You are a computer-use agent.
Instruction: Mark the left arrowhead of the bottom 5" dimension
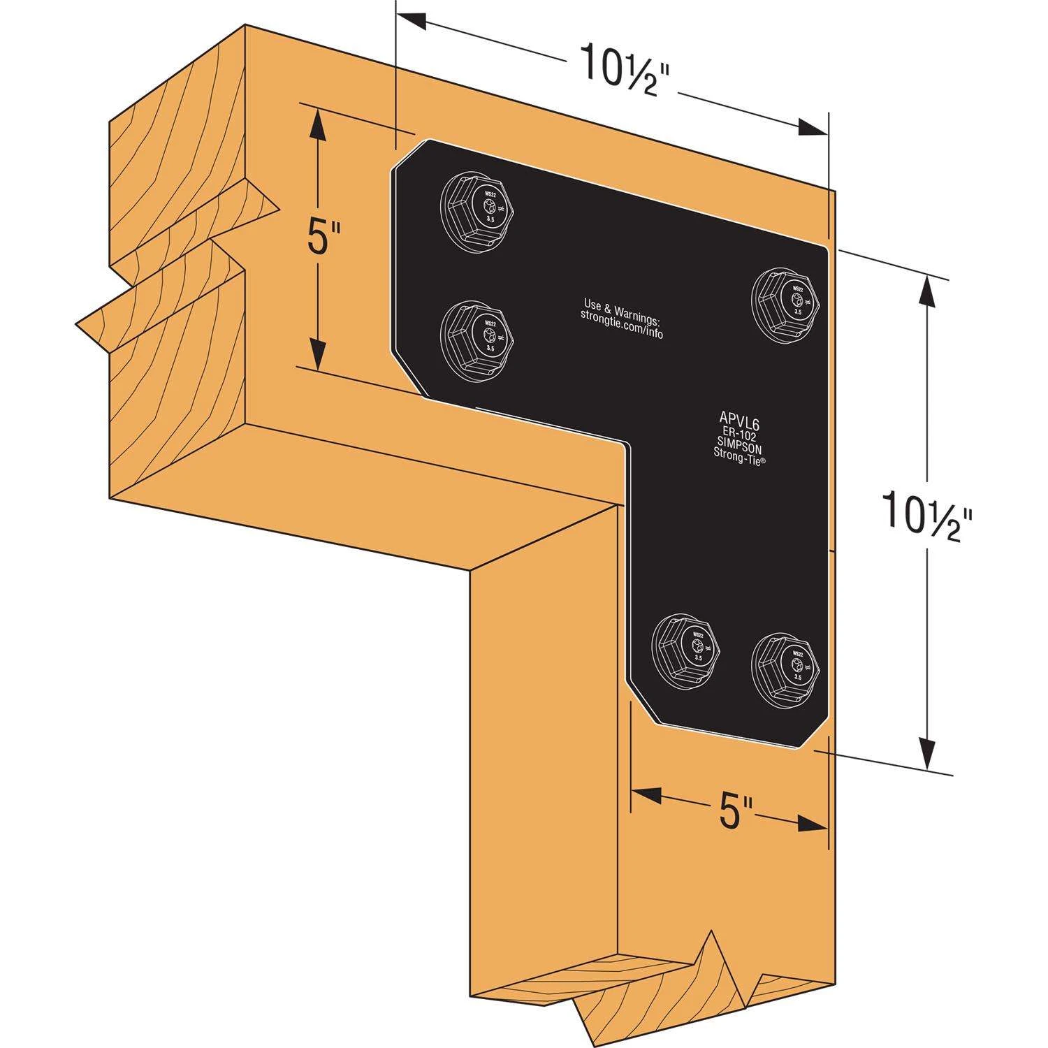pyautogui.click(x=644, y=794)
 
